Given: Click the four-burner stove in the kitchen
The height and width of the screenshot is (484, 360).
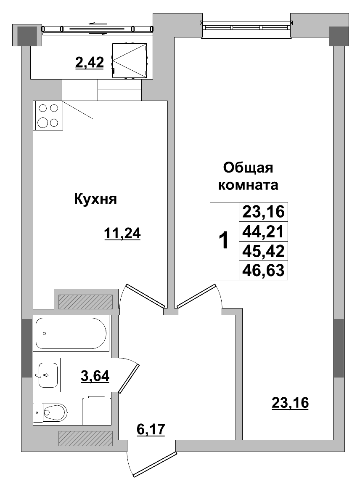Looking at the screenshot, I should point(48,115).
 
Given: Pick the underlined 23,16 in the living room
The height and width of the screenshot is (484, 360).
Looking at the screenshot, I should point(290,403).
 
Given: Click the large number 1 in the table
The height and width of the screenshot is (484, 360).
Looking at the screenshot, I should point(224,241).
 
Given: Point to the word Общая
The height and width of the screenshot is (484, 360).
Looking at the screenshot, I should point(248,168).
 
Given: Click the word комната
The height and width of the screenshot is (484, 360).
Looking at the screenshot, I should point(248,185).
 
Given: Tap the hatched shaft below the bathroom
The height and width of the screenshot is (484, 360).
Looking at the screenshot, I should point(85,438).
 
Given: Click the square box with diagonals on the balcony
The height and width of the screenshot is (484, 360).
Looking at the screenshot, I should point(130,60).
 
